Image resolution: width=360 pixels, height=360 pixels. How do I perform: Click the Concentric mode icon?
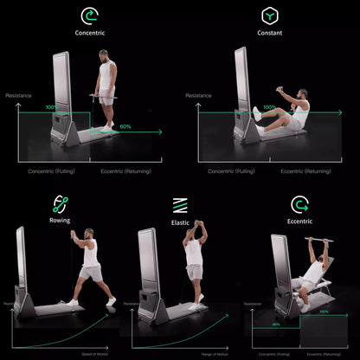pyautogui.click(x=89, y=16)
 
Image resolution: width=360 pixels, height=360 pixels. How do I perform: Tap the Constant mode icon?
pyautogui.click(x=270, y=16)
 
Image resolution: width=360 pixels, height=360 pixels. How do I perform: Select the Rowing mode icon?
pyautogui.click(x=61, y=204)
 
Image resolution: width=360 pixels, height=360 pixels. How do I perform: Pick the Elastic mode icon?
pyautogui.click(x=180, y=205)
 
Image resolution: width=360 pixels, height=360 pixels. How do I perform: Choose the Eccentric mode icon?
pyautogui.click(x=300, y=205)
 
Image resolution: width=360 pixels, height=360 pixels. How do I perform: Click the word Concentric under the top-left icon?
pyautogui.click(x=89, y=34)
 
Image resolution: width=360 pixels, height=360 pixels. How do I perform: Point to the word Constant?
pyautogui.click(x=270, y=34)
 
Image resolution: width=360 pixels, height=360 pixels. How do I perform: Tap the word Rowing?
pyautogui.click(x=61, y=221)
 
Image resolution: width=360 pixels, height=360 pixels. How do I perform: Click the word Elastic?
pyautogui.click(x=180, y=222)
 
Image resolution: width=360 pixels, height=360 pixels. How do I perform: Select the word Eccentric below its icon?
pyautogui.click(x=300, y=222)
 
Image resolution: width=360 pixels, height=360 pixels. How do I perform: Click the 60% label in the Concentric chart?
pyautogui.click(x=125, y=127)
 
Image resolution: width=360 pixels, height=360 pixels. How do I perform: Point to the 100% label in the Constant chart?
pyautogui.click(x=269, y=108)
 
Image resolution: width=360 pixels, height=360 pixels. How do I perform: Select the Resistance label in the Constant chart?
pyautogui.click(x=198, y=95)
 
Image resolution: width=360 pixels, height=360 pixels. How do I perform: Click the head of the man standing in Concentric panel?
pyautogui.click(x=106, y=55)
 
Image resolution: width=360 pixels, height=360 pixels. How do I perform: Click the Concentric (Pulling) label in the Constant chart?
pyautogui.click(x=231, y=170)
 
